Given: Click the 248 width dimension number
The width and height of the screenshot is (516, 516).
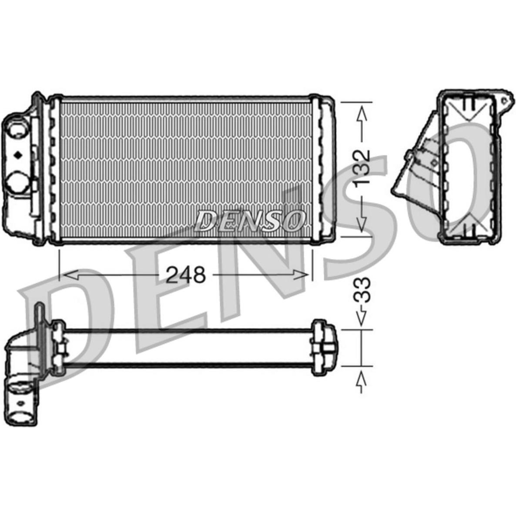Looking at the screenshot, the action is coord(186,275).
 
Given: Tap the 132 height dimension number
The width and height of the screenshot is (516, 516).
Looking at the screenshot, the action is coord(362,169).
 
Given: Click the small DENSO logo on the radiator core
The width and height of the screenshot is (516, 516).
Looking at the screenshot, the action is coord(249,221).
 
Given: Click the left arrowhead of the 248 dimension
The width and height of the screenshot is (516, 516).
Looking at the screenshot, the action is coord(71,275).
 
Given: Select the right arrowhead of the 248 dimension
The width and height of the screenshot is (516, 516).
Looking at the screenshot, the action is coord(301,275).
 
